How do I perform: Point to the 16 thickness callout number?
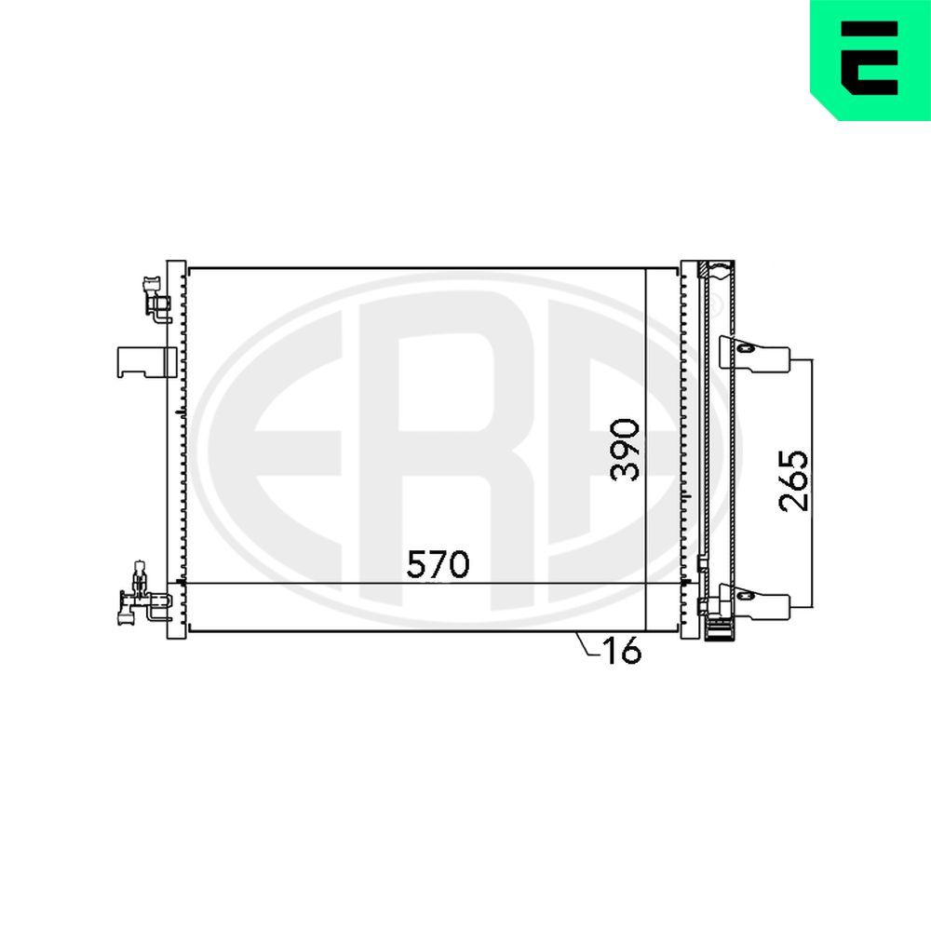[x=621, y=652]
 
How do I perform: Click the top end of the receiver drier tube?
[x=718, y=270]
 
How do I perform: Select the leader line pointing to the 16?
[x=585, y=644]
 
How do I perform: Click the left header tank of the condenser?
[x=176, y=450]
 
